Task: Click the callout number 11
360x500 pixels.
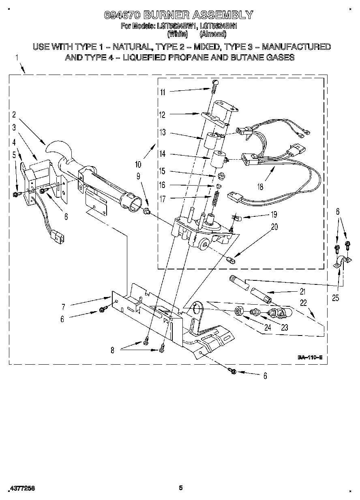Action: pos(163,92)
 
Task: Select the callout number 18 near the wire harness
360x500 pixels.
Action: pos(260,187)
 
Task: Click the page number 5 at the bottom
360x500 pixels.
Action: pos(181,488)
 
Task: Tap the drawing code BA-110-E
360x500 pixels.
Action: pos(310,357)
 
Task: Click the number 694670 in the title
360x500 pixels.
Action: pos(122,15)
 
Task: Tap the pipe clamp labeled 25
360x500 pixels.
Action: pos(339,262)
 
